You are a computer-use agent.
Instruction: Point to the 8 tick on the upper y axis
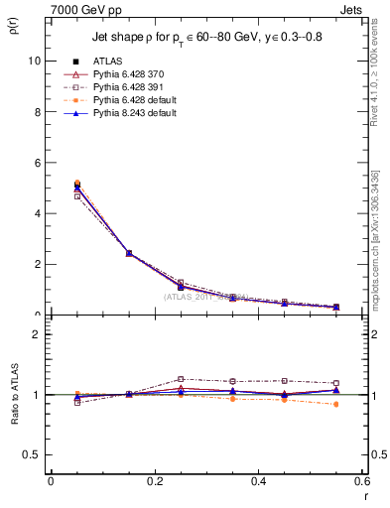point(37,111)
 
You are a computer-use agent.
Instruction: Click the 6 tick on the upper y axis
point(37,163)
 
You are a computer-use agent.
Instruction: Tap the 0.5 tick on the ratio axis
point(33,454)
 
